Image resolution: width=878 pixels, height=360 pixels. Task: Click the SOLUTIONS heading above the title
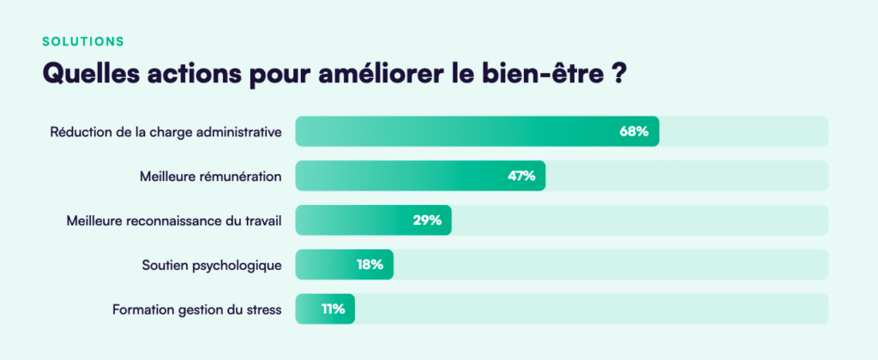[x=82, y=41]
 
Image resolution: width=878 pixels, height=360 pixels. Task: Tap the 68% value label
[x=634, y=131]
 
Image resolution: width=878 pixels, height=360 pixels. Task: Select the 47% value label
[x=520, y=176]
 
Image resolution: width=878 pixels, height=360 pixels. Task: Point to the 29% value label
[x=426, y=220]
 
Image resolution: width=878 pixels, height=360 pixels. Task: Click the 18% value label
[x=370, y=265]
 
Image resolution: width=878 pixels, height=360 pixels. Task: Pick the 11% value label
[x=333, y=309]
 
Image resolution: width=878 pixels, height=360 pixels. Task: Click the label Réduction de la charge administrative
[x=165, y=132]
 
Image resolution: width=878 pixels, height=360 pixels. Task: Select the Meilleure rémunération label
[x=211, y=177]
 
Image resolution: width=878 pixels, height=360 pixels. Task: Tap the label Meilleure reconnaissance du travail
[x=174, y=221]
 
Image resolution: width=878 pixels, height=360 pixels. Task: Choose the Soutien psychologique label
[x=212, y=265]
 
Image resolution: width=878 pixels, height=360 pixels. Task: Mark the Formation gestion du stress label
[x=196, y=309]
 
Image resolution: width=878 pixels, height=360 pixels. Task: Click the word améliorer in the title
[x=379, y=74]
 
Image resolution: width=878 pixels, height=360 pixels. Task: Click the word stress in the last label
[x=263, y=309]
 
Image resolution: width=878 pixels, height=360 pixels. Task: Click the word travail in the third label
[x=263, y=221]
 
